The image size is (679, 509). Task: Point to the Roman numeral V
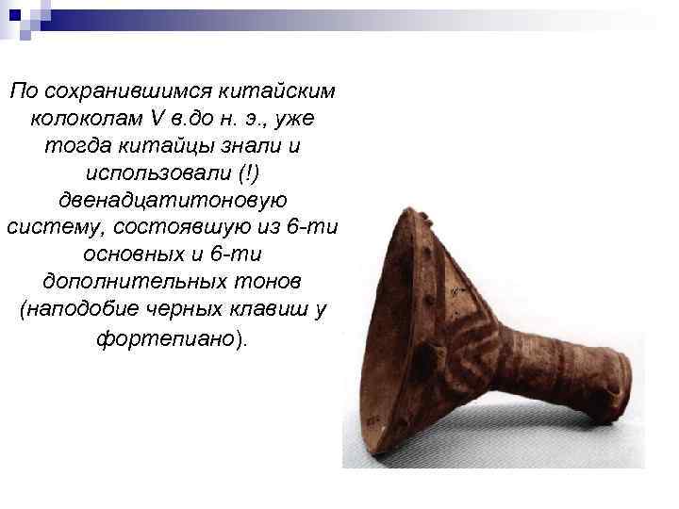click(157, 121)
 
